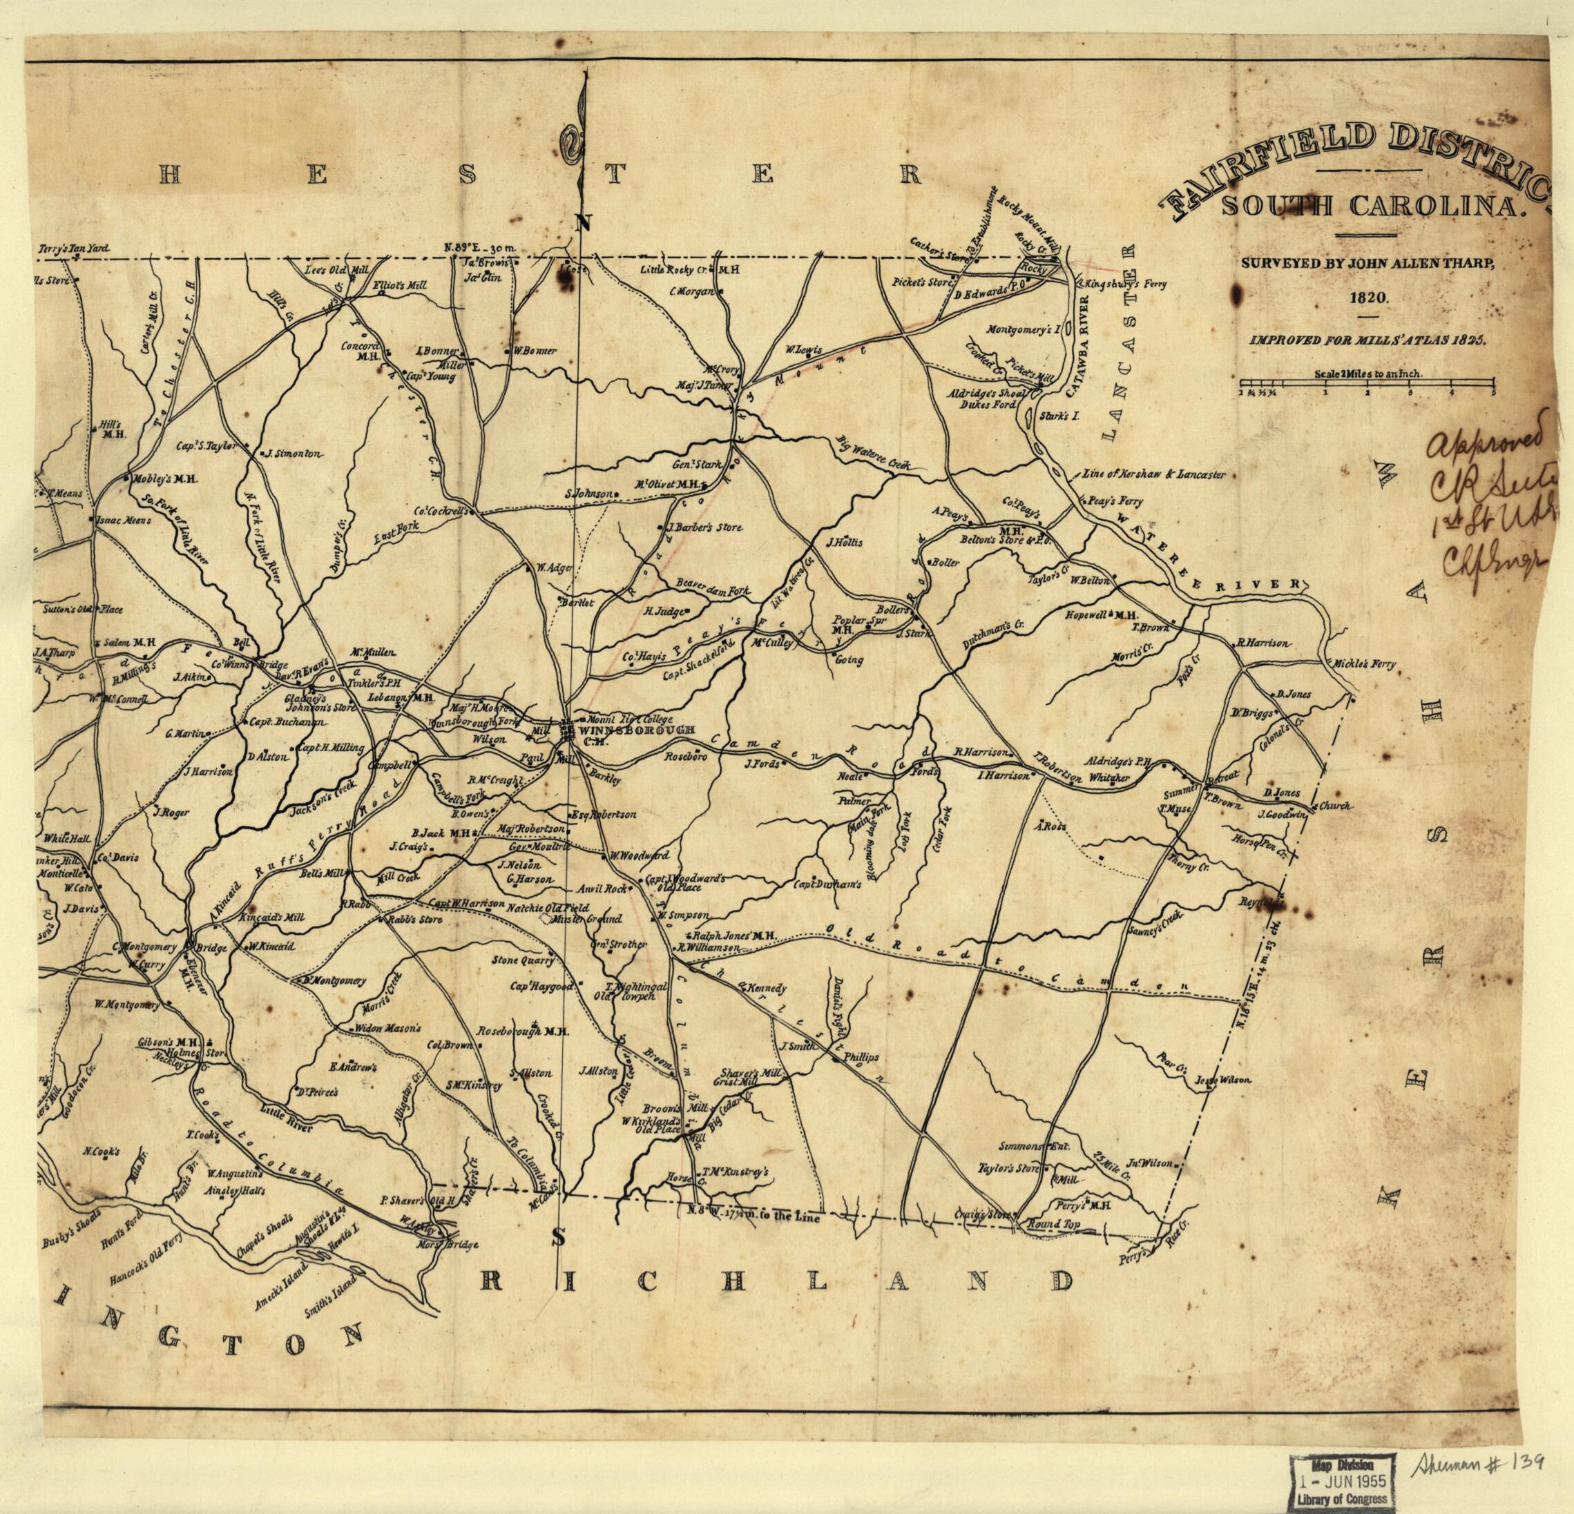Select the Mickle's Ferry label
[x=1363, y=664]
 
